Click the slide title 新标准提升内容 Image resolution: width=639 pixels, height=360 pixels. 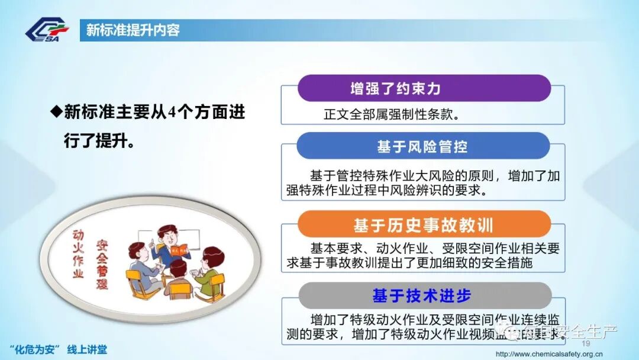[x=133, y=30]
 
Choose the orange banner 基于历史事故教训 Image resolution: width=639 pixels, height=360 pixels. [x=423, y=225]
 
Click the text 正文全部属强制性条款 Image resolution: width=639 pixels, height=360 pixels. [x=392, y=114]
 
